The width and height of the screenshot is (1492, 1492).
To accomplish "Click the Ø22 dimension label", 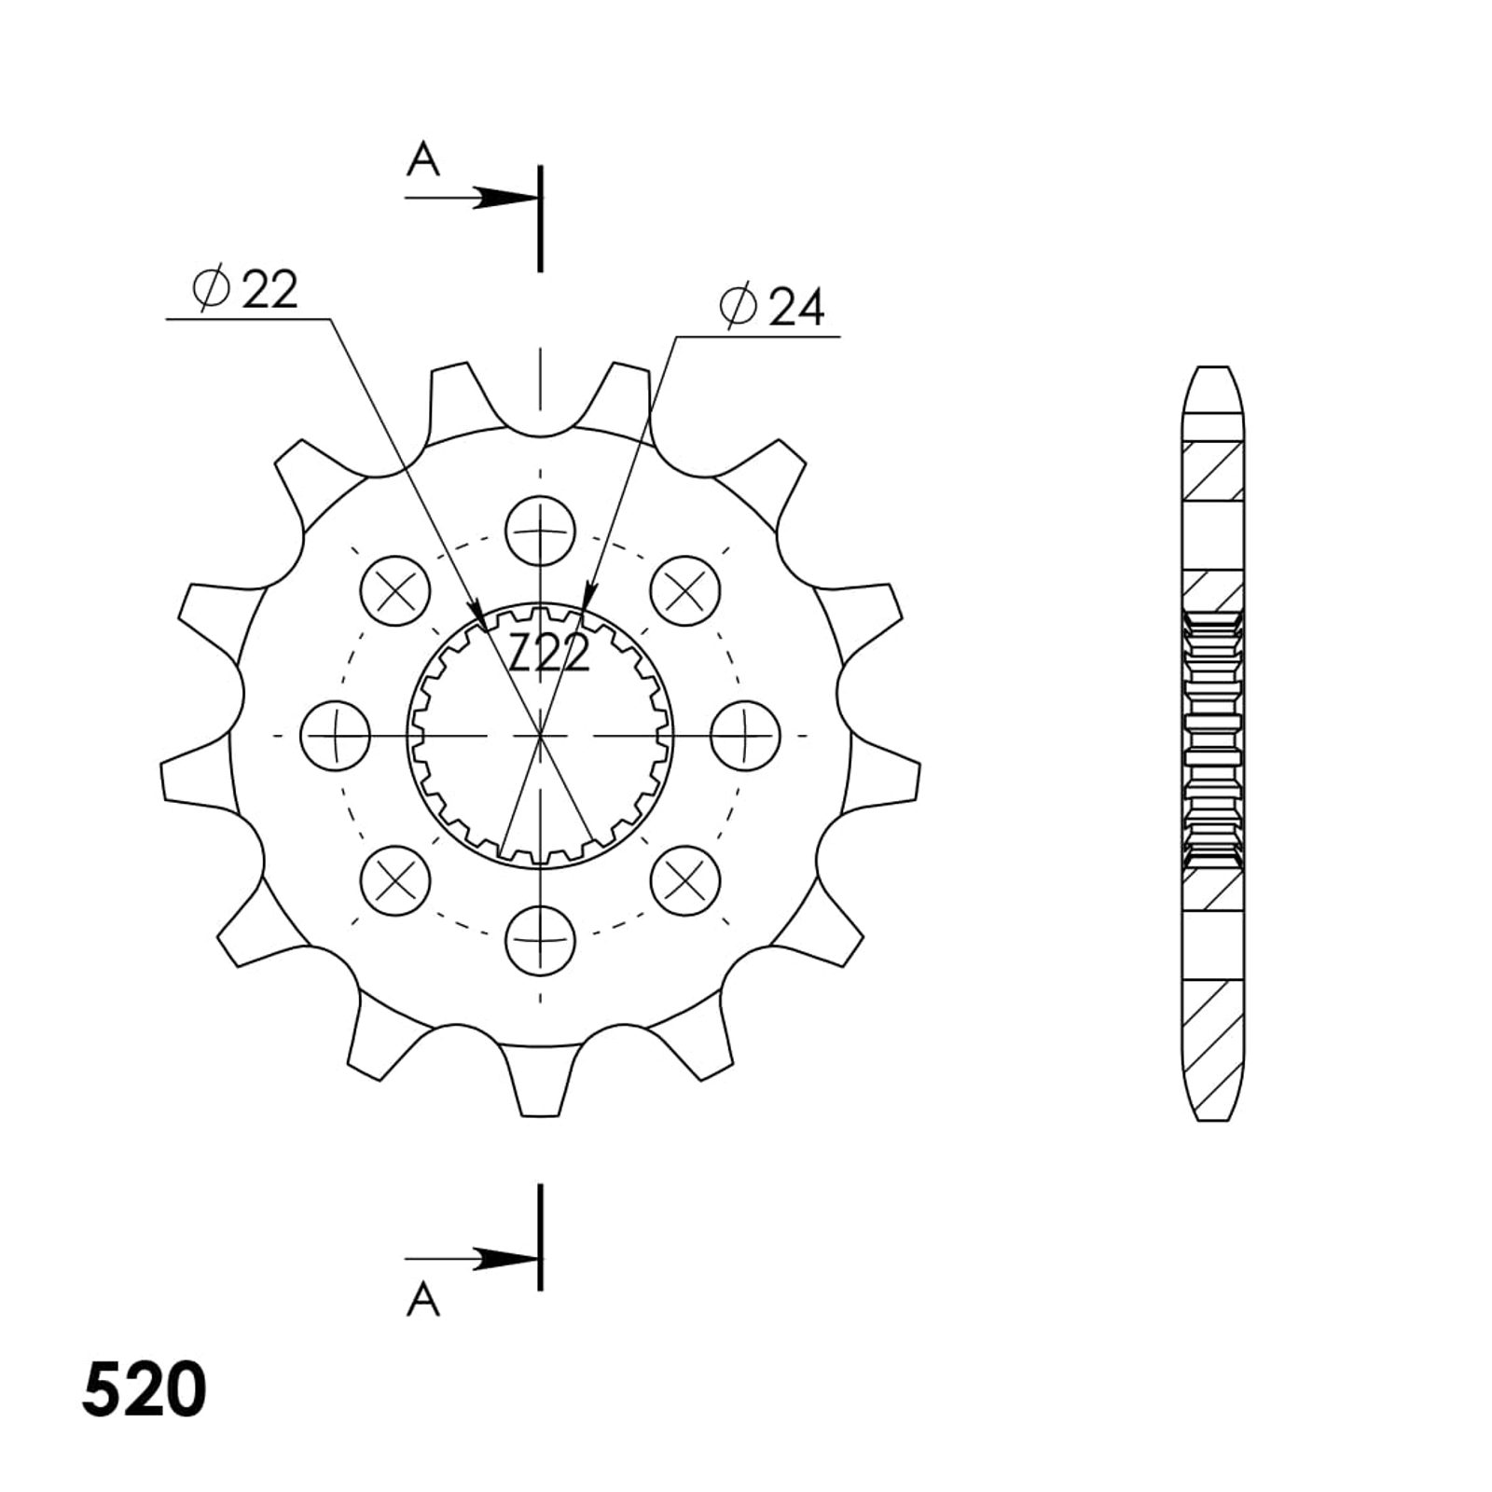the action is coord(245,289).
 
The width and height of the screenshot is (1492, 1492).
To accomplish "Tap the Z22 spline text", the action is coord(550,653).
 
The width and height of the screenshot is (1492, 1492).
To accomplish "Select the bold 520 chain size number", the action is coord(145,1390).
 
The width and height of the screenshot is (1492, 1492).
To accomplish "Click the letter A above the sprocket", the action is coord(422,160).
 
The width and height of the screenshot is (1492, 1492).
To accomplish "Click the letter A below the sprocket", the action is coord(422,1299).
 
